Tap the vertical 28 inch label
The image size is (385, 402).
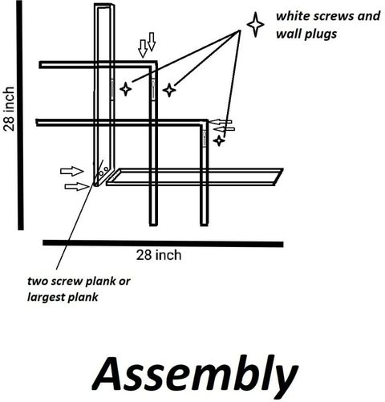[x=9, y=109]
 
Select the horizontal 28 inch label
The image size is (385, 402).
[x=159, y=255]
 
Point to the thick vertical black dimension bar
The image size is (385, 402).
[x=20, y=115]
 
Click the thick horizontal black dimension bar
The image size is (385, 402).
[x=163, y=243]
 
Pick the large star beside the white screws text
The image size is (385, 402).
[x=256, y=25]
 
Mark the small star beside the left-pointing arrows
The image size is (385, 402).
[x=219, y=140]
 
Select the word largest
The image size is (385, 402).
[x=46, y=298]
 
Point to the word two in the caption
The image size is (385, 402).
[x=37, y=281]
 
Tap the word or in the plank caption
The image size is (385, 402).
[x=124, y=282]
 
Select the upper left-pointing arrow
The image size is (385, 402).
[x=220, y=122]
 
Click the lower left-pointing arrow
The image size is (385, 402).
[x=224, y=129]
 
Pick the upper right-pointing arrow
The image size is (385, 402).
[x=72, y=171]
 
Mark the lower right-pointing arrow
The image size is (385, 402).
[x=76, y=186]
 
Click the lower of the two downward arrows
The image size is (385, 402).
[x=143, y=49]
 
